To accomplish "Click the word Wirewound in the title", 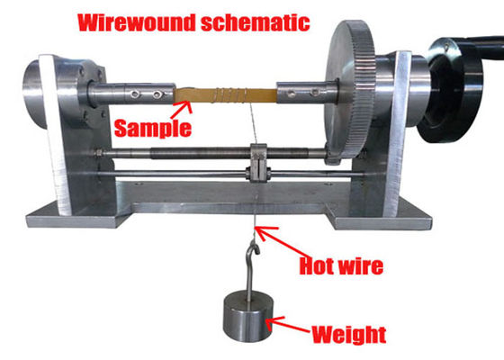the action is point(137,22).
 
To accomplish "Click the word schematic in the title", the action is point(256,22).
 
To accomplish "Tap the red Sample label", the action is point(153,129).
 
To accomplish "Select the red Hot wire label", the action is point(341,265).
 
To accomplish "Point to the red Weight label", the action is point(349,335).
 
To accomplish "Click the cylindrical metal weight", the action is point(248,317).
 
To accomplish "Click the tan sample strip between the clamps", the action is point(225,95).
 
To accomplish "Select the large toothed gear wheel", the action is point(350,90).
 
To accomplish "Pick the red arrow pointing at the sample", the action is point(181,110).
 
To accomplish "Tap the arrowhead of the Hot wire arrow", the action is point(260,231).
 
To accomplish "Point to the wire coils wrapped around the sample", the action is point(232,94).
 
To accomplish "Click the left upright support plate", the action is point(55,135).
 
